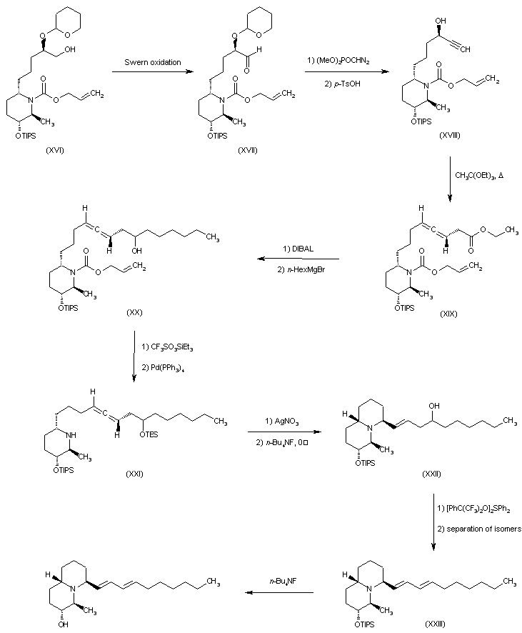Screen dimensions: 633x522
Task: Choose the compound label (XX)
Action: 135,313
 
